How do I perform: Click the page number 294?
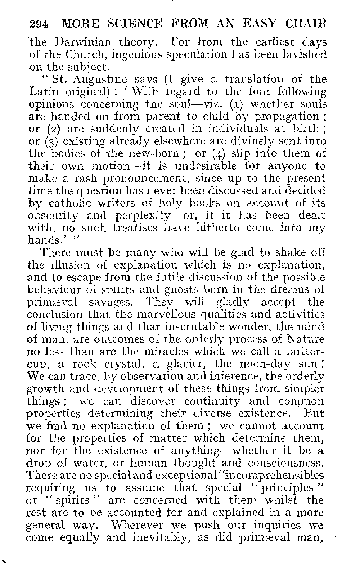point(39,24)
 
